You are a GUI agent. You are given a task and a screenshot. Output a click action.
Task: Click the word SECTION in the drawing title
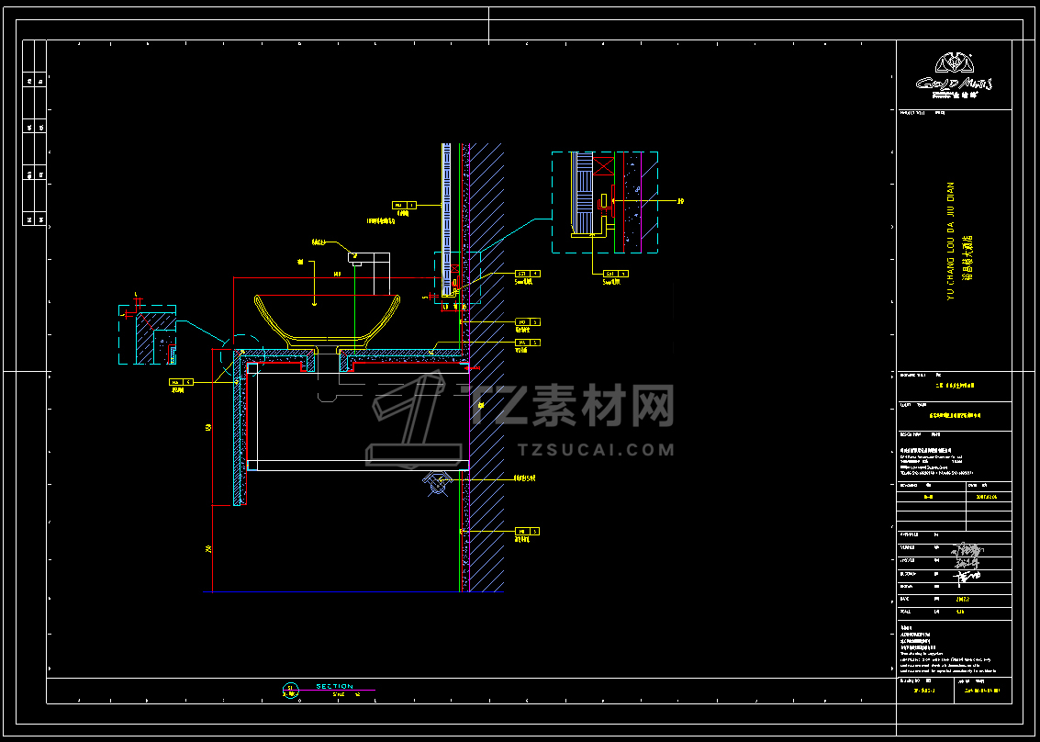coord(334,687)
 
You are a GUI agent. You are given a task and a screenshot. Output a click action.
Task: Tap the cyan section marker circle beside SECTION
coord(291,690)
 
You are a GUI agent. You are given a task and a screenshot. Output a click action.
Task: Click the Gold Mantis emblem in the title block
coord(953,64)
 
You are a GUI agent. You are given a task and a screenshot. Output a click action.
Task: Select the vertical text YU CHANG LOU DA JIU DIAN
coord(951,240)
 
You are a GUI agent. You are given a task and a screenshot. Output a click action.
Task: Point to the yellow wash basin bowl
coord(327,318)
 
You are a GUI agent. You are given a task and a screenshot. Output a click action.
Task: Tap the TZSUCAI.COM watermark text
coord(596,450)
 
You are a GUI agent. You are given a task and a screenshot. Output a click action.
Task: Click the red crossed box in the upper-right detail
coord(604,166)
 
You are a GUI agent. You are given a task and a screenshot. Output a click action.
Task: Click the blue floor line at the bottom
coord(330,592)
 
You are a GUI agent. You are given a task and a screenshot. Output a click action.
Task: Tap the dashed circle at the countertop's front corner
coord(239,354)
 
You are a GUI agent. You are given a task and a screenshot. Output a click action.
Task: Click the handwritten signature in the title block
coord(965,561)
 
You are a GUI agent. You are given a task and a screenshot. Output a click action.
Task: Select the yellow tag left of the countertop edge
coord(181,380)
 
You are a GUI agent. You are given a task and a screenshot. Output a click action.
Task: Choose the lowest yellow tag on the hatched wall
coord(528,532)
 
